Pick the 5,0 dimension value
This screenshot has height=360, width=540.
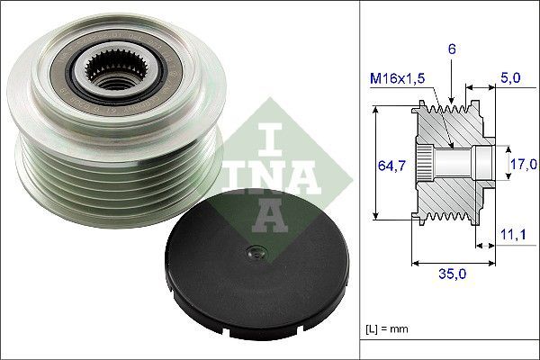coord(509,79)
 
